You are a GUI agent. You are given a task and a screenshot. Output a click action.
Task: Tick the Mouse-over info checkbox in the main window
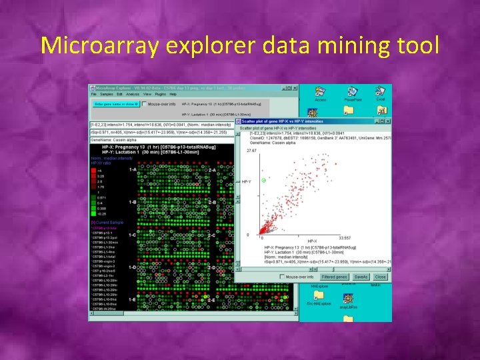pos(145,104)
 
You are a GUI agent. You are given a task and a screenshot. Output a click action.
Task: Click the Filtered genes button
pos(334,276)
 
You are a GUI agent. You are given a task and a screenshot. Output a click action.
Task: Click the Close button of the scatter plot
pos(380,276)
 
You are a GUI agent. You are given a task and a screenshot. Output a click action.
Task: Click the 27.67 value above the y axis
pos(251,151)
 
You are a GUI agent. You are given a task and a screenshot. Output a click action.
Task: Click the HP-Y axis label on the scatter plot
pos(246,181)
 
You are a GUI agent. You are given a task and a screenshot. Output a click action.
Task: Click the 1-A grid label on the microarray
pos(133,169)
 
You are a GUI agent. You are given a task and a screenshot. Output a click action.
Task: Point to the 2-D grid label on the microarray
pos(212,267)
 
